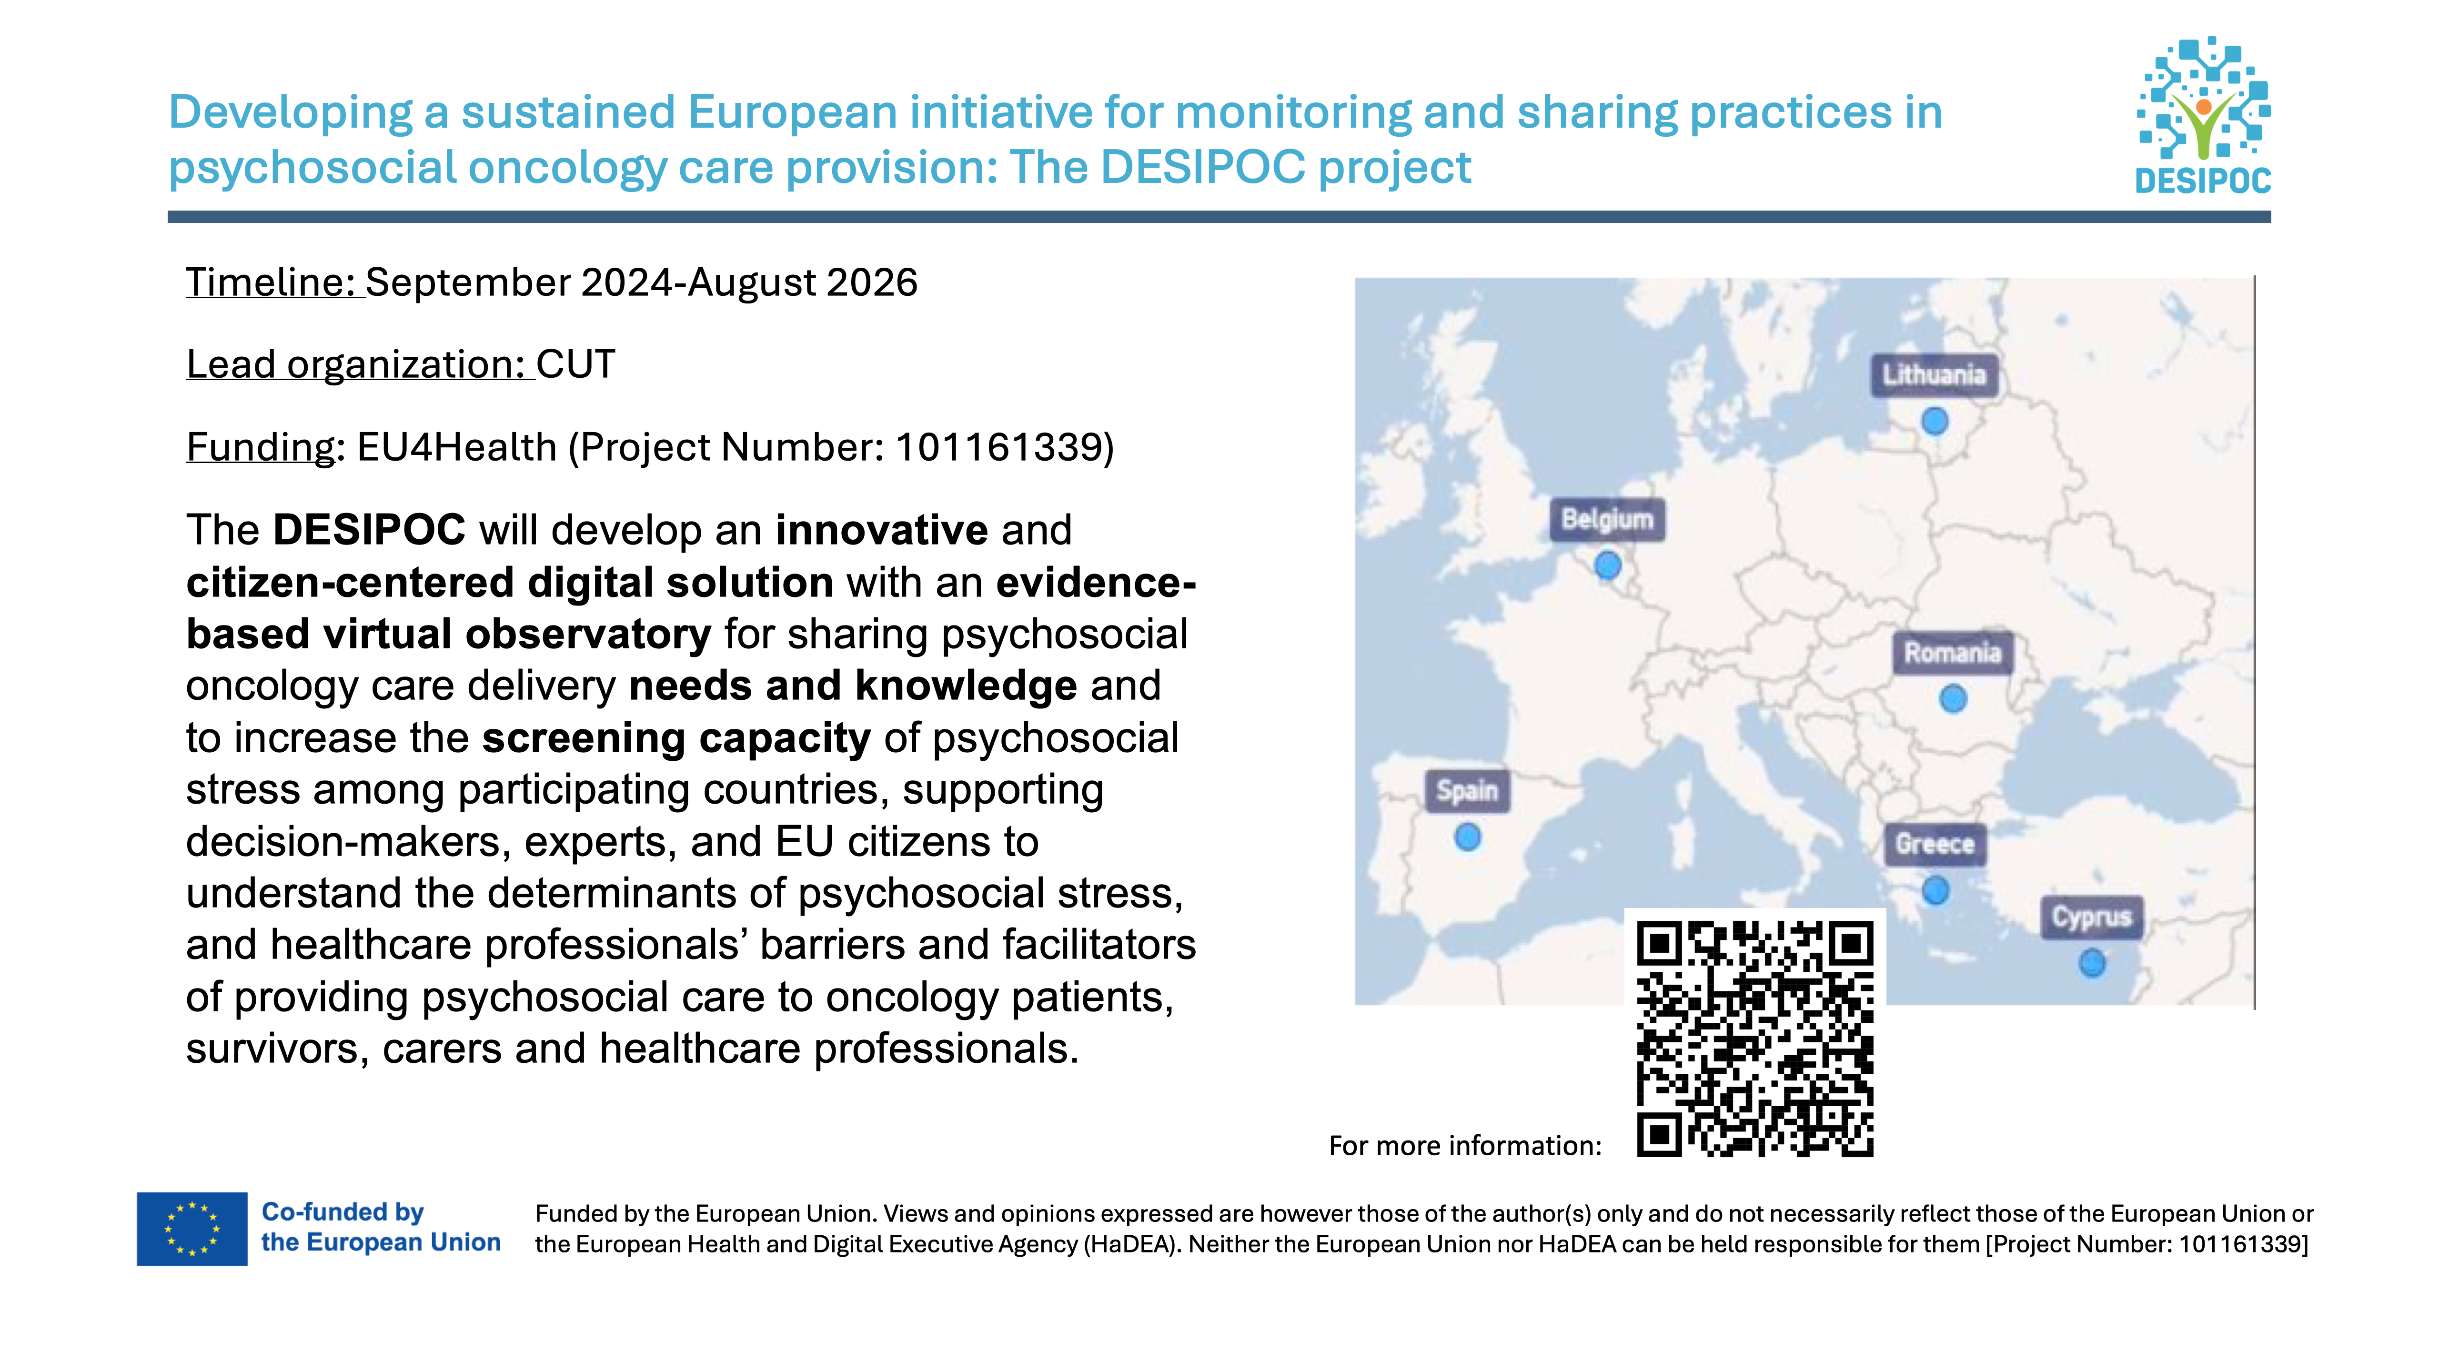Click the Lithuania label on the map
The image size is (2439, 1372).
tap(1934, 375)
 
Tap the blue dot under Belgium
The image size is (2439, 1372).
tap(1607, 566)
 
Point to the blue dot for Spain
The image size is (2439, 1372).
tap(1468, 837)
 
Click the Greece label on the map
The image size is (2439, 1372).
tap(1935, 844)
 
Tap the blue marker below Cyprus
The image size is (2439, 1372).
tap(2092, 964)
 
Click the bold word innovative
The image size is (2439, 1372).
tap(881, 530)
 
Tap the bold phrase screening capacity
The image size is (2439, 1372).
tap(676, 737)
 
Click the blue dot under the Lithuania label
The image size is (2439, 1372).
tap(1935, 420)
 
